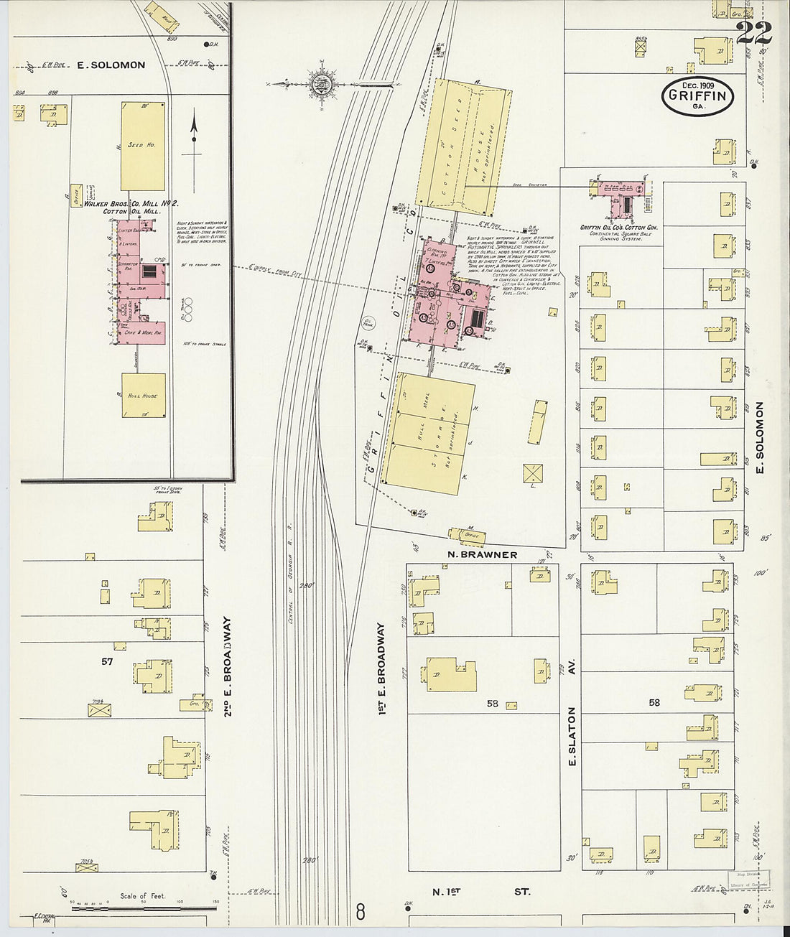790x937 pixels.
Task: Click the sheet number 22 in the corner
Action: coord(754,33)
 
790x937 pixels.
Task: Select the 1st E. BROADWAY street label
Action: coord(383,668)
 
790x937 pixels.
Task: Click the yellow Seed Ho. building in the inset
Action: coord(142,146)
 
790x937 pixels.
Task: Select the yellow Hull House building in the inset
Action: coord(143,395)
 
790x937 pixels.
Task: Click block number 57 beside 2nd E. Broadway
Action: coord(107,661)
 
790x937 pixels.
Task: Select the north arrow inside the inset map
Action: coord(193,136)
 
